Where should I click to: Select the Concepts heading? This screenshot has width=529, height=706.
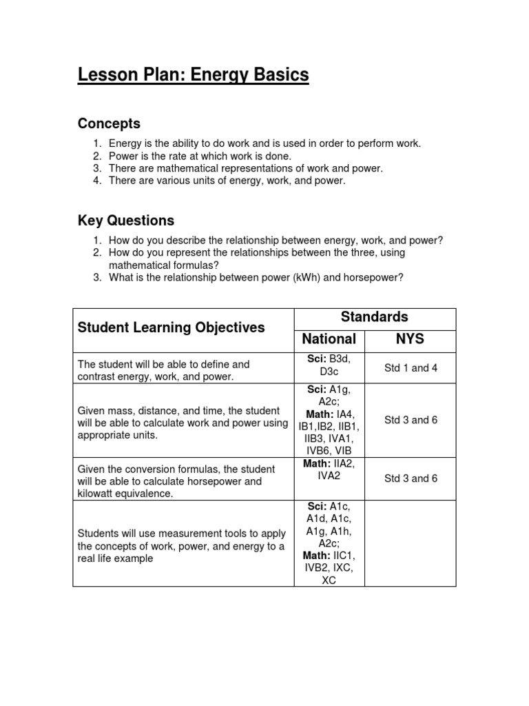coord(109,124)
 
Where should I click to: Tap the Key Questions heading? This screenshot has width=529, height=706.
coord(126,221)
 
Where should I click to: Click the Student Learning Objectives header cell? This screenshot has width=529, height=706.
coord(171,327)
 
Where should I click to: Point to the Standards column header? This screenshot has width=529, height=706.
coord(375,317)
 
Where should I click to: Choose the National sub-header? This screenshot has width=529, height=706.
coord(329,339)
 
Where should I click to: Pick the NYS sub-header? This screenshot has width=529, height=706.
coord(410,339)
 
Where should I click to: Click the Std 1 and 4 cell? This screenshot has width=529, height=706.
coord(411,368)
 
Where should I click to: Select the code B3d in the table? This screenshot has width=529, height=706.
coord(340,358)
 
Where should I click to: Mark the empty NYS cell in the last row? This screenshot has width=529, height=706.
coord(410,543)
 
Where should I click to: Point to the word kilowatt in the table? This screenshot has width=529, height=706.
coord(101,494)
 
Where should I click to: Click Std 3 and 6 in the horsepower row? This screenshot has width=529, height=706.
coord(411,478)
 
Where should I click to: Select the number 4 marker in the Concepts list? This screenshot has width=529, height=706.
coord(97,181)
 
